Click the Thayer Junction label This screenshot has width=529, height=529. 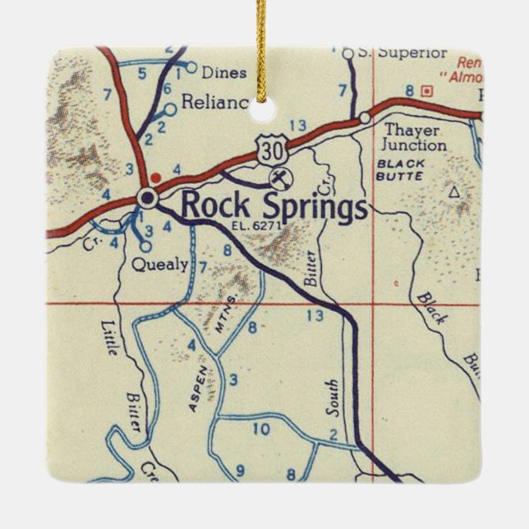pyautogui.click(x=416, y=138)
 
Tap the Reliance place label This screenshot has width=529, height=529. pyautogui.click(x=214, y=102)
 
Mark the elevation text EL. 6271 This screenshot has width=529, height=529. pyautogui.click(x=261, y=225)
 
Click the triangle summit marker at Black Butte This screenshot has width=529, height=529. pyautogui.click(x=453, y=192)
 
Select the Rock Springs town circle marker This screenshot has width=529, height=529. pyautogui.click(x=147, y=198)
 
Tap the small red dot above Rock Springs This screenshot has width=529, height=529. pyautogui.click(x=155, y=177)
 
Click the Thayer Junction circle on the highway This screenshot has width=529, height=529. pyautogui.click(x=365, y=118)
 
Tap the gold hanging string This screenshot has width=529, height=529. pyautogui.click(x=262, y=33)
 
